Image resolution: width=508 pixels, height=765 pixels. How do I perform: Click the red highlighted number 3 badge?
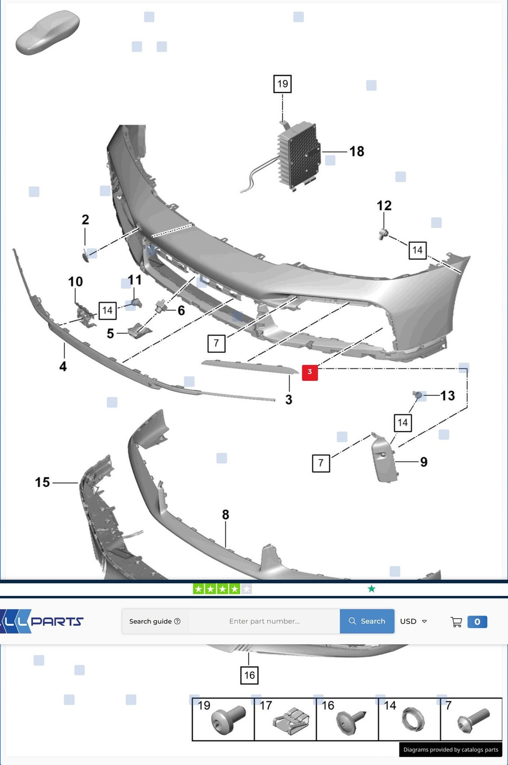(x=310, y=372)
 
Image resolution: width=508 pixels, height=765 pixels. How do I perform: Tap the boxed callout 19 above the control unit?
(x=282, y=84)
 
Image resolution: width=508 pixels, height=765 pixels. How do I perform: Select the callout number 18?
(x=357, y=151)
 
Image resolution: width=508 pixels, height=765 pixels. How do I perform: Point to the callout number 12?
(x=384, y=206)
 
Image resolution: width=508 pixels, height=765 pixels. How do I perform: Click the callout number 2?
(x=85, y=219)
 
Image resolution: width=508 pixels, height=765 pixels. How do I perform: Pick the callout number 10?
(x=75, y=281)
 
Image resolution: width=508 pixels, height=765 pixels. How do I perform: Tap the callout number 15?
(x=42, y=482)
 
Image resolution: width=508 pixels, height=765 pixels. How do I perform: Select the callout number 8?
(x=226, y=514)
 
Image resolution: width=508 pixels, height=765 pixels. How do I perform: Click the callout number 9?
(x=424, y=462)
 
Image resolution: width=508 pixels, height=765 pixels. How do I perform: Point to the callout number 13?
(x=448, y=395)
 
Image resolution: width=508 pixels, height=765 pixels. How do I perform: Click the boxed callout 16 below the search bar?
(x=249, y=675)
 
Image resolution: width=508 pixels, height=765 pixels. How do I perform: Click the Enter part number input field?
(x=264, y=621)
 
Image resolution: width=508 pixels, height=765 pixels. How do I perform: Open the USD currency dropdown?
(x=413, y=621)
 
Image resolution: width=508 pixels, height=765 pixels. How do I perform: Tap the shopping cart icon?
(x=456, y=622)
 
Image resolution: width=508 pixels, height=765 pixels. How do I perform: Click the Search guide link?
(x=155, y=621)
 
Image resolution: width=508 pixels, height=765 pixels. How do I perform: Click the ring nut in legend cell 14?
(x=413, y=720)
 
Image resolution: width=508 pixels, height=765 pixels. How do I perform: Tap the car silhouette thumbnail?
(x=47, y=32)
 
